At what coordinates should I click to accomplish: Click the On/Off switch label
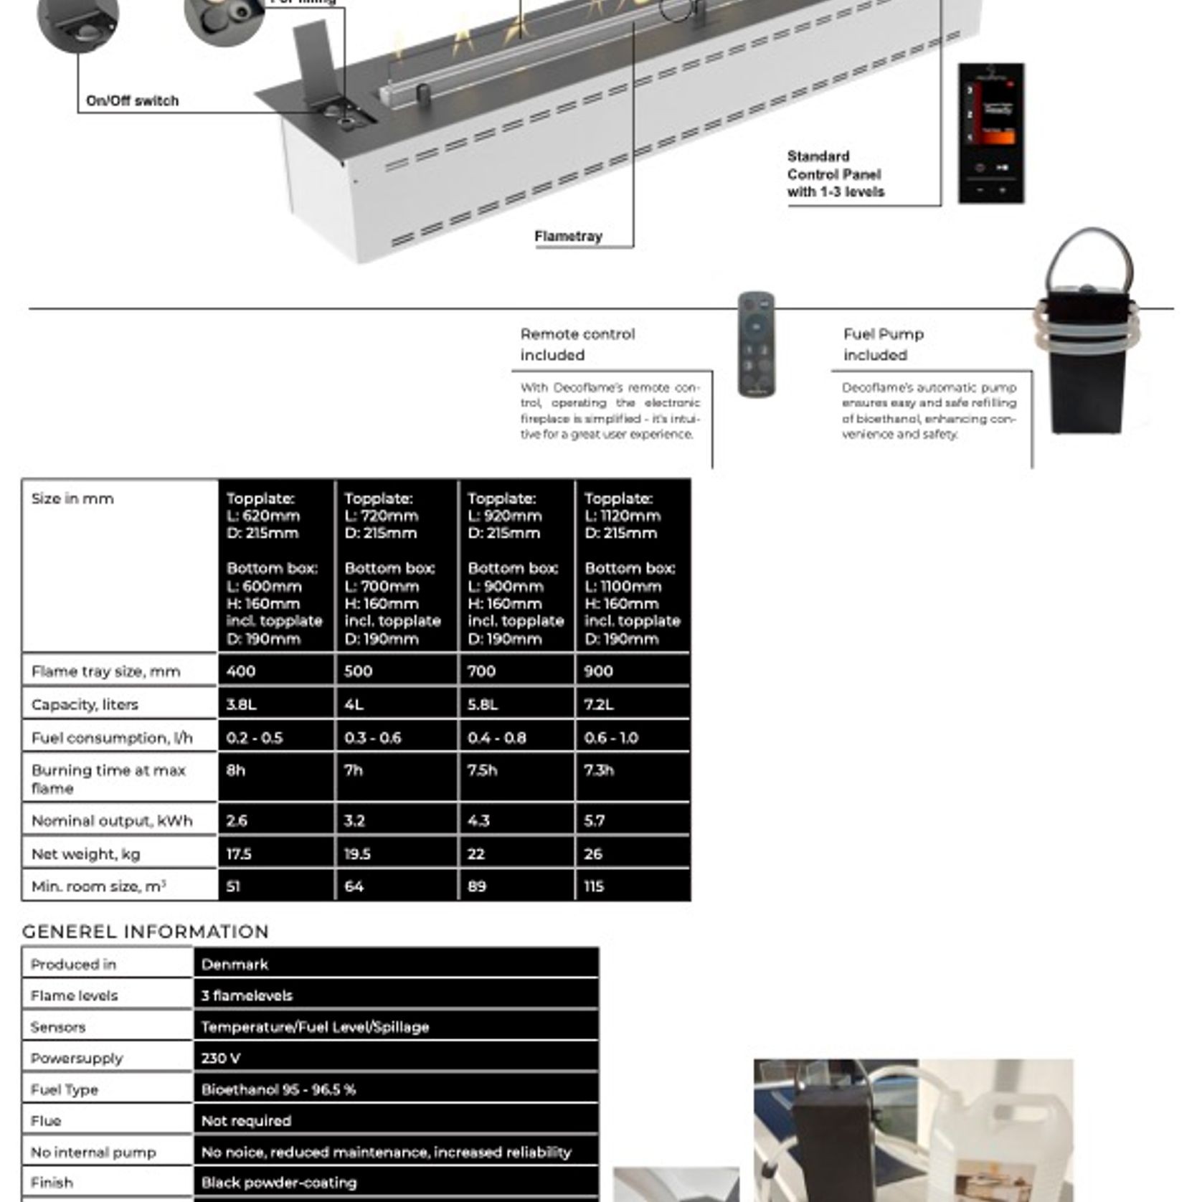click(x=132, y=101)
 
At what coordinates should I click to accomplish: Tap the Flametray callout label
click(x=568, y=236)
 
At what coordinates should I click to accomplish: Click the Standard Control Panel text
click(x=836, y=174)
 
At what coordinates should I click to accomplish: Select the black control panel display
click(x=991, y=133)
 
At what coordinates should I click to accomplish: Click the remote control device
click(x=756, y=344)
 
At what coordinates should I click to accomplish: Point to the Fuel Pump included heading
click(x=883, y=344)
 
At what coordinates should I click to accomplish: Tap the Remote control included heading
click(x=577, y=344)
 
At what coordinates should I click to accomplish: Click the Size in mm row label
click(x=72, y=498)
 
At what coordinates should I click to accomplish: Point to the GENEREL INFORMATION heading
click(x=146, y=932)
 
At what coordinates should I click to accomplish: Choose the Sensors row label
click(x=58, y=1027)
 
